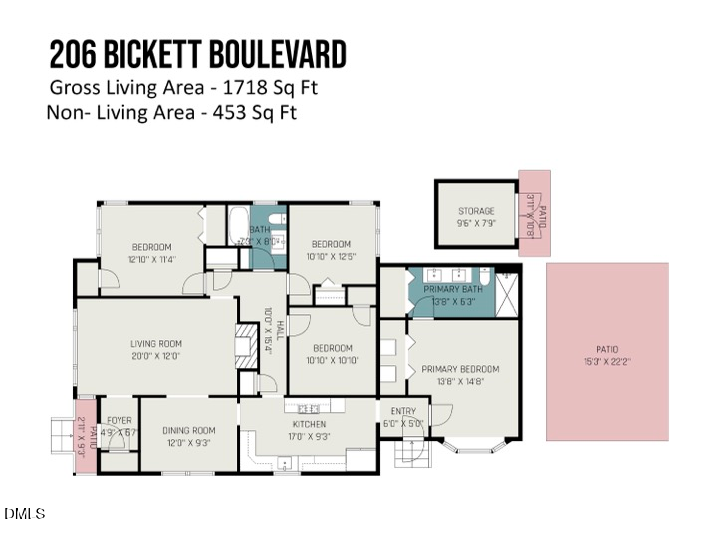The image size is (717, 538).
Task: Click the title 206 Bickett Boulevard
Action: [197, 54]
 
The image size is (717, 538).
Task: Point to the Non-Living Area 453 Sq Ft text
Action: [171, 112]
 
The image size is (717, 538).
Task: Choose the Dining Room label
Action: [188, 430]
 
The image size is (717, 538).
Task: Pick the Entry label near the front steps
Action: [403, 411]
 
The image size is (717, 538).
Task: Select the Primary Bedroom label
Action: [460, 369]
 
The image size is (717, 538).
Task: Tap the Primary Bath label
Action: [453, 290]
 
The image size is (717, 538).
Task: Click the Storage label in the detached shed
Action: [476, 211]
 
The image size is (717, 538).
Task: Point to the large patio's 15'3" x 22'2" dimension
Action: [606, 361]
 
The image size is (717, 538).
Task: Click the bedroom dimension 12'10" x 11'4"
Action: [152, 259]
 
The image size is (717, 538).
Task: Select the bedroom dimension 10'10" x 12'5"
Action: [331, 257]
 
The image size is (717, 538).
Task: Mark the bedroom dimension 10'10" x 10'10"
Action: [334, 360]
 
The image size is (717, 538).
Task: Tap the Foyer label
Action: [119, 420]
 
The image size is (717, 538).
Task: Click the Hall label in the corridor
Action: [280, 328]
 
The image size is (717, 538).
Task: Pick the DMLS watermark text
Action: [25, 514]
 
